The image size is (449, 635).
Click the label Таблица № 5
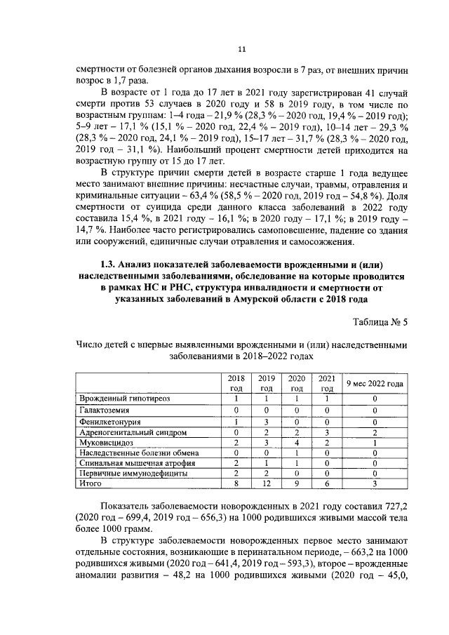[376, 322]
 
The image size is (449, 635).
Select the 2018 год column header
[236, 382]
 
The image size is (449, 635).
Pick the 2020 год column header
[297, 382]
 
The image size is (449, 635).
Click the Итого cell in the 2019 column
[267, 484]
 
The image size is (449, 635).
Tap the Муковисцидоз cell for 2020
[297, 444]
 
